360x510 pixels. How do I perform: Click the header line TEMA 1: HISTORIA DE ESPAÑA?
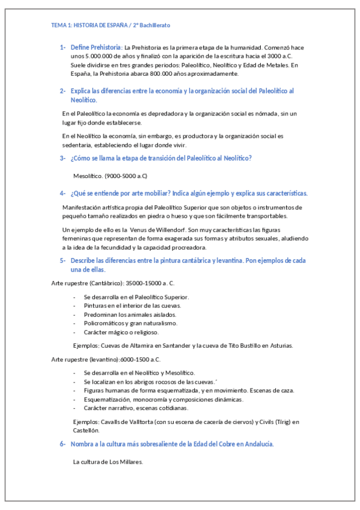[x=111, y=25]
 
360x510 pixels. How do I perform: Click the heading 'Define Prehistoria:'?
[x=96, y=47]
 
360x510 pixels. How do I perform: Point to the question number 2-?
[x=63, y=91]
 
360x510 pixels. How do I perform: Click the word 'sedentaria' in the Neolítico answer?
[x=77, y=145]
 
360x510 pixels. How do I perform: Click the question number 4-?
[x=63, y=194]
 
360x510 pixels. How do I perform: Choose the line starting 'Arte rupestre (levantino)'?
[x=106, y=360]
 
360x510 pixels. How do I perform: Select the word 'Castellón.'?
[x=86, y=430]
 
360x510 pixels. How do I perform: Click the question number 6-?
[x=63, y=444]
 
